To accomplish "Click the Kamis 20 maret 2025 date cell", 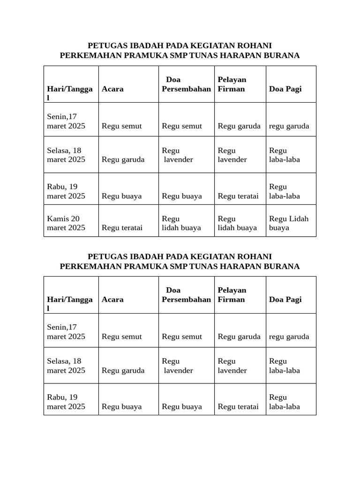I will (67, 223).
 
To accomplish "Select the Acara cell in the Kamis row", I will (122, 228).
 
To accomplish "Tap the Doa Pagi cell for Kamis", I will (289, 223).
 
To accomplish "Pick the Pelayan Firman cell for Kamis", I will (237, 223).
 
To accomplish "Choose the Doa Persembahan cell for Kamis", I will (181, 223).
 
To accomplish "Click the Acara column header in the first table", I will (112, 89).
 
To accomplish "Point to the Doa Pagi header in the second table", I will (285, 300).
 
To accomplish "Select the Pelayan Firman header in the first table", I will (232, 84).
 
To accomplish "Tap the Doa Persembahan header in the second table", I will (186, 295).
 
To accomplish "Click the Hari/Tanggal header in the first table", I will (70, 93).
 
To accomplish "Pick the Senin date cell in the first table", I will (66, 121).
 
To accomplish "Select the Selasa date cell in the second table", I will (66, 366).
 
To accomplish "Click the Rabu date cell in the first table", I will (66, 191).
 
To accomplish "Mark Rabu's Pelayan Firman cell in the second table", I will (238, 407).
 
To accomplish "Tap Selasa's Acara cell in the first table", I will (123, 159).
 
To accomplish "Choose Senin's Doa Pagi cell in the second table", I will (289, 337).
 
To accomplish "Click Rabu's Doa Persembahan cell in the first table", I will (182, 196).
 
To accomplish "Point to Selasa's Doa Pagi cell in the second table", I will (285, 366).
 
